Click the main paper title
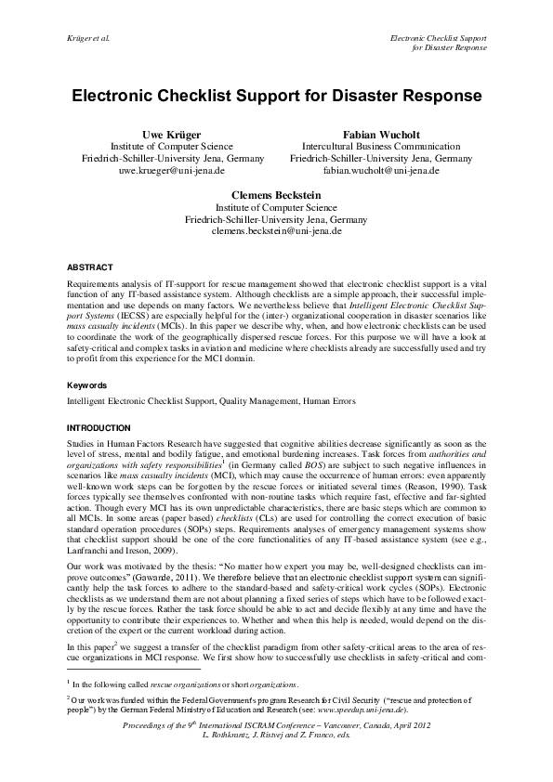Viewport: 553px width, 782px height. (x=276, y=96)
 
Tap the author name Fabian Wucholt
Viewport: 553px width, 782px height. (x=381, y=134)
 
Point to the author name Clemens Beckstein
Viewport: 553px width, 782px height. (x=276, y=195)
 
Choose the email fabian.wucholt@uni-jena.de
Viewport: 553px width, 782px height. (x=381, y=171)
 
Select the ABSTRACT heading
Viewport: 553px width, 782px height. (x=91, y=266)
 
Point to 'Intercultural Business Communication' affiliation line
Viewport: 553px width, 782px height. (x=381, y=147)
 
